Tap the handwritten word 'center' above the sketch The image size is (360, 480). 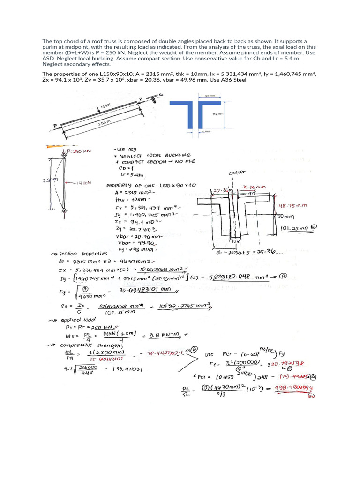[237, 172]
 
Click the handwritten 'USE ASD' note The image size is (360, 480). [123, 149]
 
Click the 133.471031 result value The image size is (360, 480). [125, 369]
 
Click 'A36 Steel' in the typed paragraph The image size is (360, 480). [233, 80]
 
